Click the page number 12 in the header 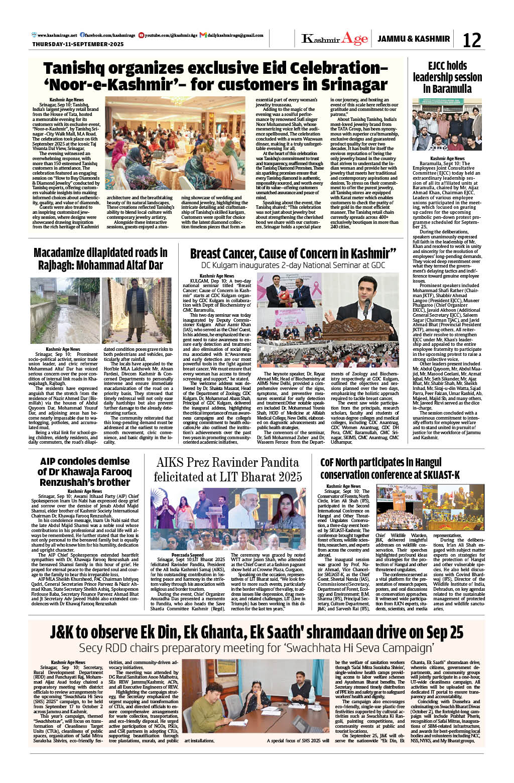pyautogui.click(x=471, y=40)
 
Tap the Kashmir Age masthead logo pyautogui.click(x=335, y=39)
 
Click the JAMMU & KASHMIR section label pyautogui.click(x=414, y=39)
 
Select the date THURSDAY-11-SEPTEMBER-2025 pyautogui.click(x=78, y=44)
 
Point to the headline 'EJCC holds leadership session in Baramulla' pyautogui.click(x=447, y=77)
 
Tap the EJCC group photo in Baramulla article pyautogui.click(x=447, y=124)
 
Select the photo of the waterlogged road pyautogui.click(x=65, y=310)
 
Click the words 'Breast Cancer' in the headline pyautogui.click(x=223, y=253)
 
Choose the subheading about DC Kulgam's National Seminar pyautogui.click(x=293, y=265)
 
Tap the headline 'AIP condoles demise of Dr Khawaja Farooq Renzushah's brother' pyautogui.click(x=84, y=471)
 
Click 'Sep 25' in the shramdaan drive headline pyautogui.click(x=443, y=632)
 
